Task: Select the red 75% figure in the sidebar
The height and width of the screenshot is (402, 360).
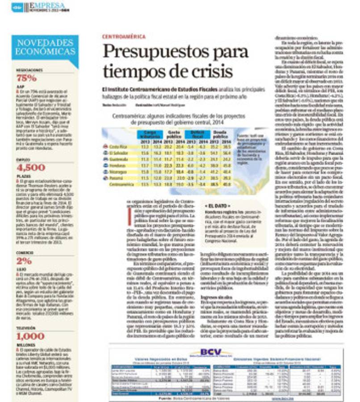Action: coord(26,78)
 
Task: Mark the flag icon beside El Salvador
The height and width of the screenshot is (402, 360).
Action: coord(105,152)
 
